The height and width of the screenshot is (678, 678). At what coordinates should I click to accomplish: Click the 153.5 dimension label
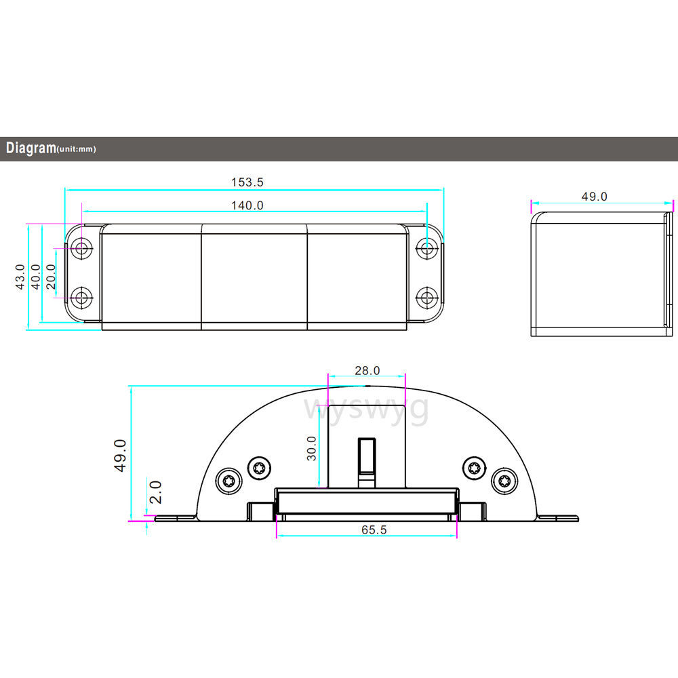point(247,182)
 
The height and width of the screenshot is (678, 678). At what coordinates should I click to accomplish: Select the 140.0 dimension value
point(247,205)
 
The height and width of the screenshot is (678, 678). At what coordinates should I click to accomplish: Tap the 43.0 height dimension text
point(20,277)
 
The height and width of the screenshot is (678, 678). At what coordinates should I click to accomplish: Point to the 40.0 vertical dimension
point(35,277)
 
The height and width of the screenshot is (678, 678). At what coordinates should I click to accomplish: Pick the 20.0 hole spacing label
point(51,277)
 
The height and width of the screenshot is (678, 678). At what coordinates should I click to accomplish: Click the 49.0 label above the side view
point(594,197)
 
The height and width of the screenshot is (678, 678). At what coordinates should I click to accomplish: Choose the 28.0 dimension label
point(367,371)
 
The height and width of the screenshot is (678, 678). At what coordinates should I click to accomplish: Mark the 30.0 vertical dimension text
point(311,448)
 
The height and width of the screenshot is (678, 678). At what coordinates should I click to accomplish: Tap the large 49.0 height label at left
point(120,456)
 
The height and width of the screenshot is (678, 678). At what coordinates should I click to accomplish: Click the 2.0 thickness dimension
point(155,492)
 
